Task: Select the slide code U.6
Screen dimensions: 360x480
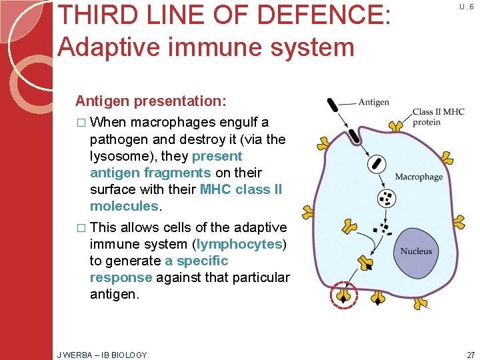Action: (x=466, y=6)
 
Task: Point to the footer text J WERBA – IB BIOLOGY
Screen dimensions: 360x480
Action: (x=102, y=355)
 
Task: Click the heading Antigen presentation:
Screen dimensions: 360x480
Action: (x=151, y=101)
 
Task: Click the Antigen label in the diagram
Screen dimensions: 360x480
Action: (x=373, y=102)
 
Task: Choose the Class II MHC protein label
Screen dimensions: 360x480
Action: (x=438, y=117)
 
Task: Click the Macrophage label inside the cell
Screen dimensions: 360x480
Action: (x=419, y=177)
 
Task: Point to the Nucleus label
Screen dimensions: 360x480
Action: (x=416, y=251)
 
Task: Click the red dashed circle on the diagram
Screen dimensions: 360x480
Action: (x=345, y=295)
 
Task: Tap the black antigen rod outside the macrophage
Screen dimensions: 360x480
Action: (x=331, y=105)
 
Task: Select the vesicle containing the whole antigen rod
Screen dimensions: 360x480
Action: (x=377, y=163)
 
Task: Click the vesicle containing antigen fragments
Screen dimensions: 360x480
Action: (x=387, y=197)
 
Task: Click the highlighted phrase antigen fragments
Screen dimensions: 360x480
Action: (x=150, y=173)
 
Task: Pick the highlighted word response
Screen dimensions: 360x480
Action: (x=121, y=277)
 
